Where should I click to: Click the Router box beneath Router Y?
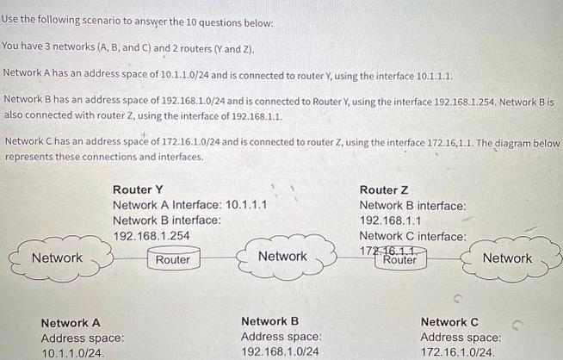pos(173,259)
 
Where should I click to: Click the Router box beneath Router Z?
pos(399,259)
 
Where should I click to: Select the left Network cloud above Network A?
pos(58,258)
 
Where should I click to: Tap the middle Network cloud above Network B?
pos(281,257)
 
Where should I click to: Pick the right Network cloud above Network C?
pos(506,258)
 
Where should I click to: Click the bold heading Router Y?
pos(138,189)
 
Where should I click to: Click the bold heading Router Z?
pos(384,189)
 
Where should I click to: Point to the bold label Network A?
pos(71,322)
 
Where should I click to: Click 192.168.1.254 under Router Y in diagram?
pos(152,235)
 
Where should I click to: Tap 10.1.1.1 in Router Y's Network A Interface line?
pos(245,205)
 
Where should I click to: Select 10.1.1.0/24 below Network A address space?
pos(74,353)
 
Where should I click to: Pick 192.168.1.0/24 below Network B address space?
pos(280,352)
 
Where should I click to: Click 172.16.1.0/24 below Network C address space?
pos(458,353)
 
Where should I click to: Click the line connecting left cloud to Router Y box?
pos(130,258)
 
